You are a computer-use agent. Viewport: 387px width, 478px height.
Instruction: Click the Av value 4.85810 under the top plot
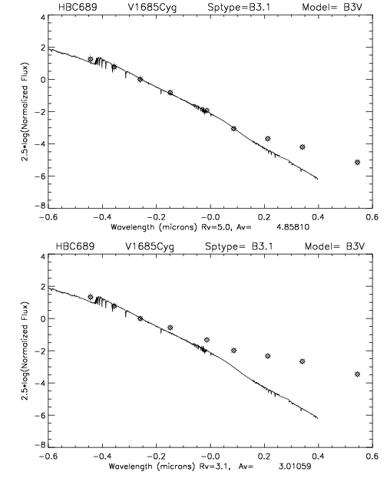(x=293, y=227)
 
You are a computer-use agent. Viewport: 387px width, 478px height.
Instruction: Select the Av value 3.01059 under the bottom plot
(x=295, y=466)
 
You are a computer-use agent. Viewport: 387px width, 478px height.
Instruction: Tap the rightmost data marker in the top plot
(x=357, y=162)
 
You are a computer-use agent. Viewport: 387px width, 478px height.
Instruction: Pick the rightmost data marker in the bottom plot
(x=357, y=374)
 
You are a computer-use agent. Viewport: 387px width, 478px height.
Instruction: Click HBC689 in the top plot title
(x=78, y=7)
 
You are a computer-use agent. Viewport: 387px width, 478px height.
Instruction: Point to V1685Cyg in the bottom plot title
(x=150, y=246)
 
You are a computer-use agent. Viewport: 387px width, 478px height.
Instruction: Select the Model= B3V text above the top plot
(x=332, y=7)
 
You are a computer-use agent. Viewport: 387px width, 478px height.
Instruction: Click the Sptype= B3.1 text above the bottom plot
(x=239, y=246)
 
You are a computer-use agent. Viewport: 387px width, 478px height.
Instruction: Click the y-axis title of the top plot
(x=25, y=112)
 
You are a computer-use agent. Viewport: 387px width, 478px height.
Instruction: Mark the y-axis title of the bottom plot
(x=25, y=351)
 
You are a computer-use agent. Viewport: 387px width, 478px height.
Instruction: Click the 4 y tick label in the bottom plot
(x=43, y=256)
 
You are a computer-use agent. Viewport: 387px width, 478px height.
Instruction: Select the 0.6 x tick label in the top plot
(x=372, y=217)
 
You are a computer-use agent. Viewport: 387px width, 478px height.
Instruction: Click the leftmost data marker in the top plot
(x=91, y=59)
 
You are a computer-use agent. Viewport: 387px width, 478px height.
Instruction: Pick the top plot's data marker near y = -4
(x=303, y=147)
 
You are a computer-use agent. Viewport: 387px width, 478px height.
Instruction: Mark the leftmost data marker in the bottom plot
(x=91, y=297)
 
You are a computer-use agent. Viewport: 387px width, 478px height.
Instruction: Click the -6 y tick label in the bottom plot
(x=40, y=415)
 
